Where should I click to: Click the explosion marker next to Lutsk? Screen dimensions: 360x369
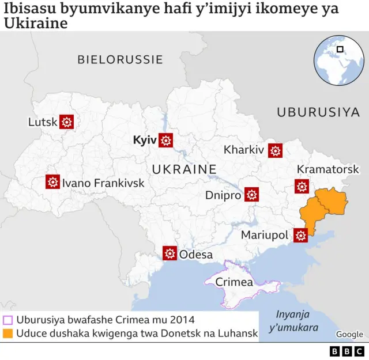point(67,122)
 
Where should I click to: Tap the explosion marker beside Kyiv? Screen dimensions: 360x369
point(166,140)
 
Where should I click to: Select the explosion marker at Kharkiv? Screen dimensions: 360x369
point(275,150)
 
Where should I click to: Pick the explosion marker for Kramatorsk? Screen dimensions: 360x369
point(302,186)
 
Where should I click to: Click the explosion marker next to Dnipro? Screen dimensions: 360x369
point(251,195)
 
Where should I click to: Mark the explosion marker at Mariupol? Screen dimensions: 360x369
point(300,235)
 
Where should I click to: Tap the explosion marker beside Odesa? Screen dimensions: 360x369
point(170,253)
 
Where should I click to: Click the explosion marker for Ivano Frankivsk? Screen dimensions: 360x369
point(53,183)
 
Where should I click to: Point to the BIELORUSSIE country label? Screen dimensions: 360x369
point(120,59)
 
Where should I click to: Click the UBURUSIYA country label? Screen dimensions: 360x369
point(318,112)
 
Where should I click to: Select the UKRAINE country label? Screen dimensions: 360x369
point(184,169)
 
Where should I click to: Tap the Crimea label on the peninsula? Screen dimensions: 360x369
point(234,282)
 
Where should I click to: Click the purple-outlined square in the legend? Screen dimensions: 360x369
point(8,320)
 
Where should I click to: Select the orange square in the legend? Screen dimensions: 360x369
point(8,333)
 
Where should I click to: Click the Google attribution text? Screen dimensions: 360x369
point(349,334)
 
